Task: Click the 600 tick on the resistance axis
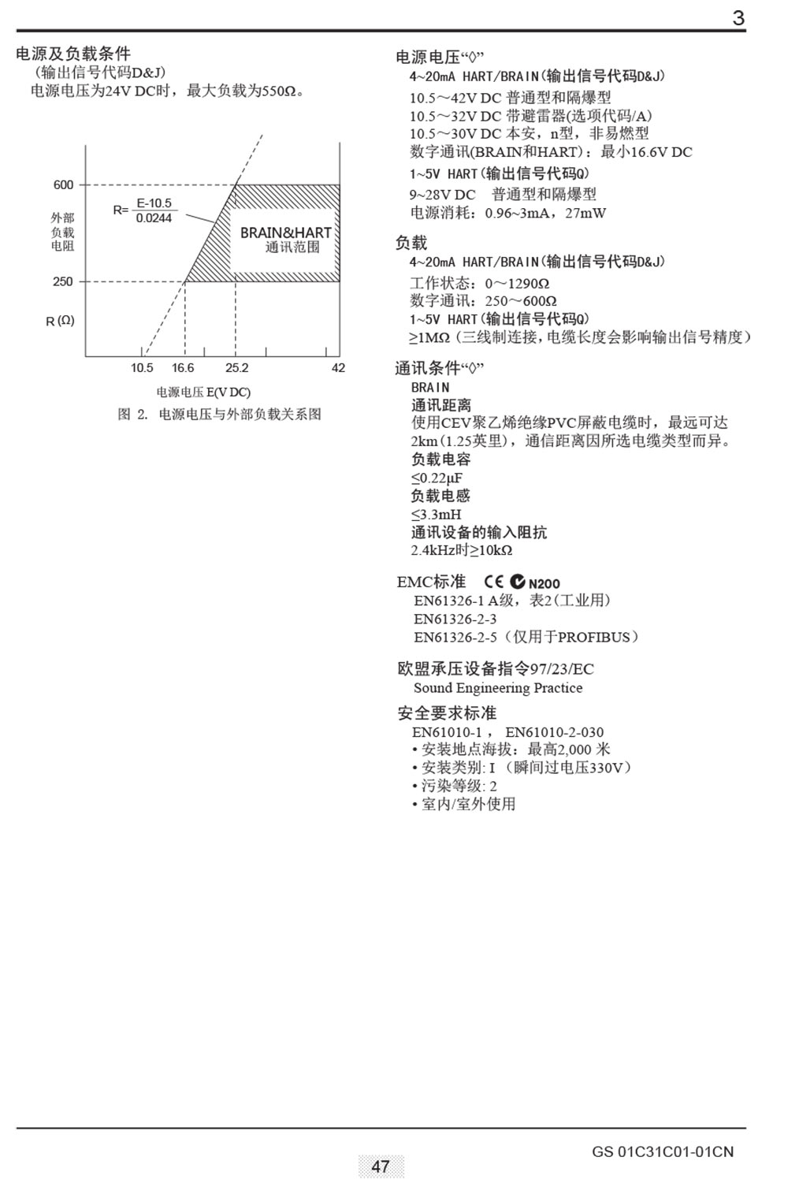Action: coord(63,185)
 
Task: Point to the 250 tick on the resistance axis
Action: coord(63,281)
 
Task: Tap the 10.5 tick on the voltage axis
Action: coord(142,368)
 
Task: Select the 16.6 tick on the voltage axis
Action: coord(183,368)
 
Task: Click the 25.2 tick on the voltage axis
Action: coord(236,368)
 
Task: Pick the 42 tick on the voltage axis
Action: coord(338,368)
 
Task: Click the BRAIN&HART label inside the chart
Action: coord(285,233)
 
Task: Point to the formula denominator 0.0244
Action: coord(154,218)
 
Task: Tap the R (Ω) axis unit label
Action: coord(60,321)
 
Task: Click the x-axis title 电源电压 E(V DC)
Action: coord(203,392)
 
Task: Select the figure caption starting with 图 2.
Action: coord(219,415)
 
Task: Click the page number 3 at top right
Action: coord(738,17)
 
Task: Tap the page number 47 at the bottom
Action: coord(381,1166)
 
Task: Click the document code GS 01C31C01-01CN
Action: coord(662,1152)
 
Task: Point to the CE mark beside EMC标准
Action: coord(494,582)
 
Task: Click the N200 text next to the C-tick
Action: coord(545,584)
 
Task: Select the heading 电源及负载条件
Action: coord(73,54)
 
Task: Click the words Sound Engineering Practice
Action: coord(498,688)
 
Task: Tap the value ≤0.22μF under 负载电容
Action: coord(437,478)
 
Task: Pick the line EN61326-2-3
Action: coord(455,619)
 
